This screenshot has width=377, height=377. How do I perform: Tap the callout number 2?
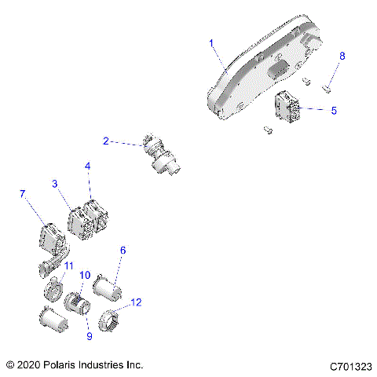106,141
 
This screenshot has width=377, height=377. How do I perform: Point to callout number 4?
88,167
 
